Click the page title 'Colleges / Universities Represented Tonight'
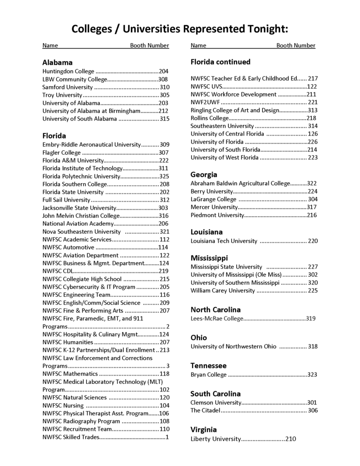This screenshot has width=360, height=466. tap(180, 29)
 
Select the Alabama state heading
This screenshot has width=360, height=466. tap(57, 62)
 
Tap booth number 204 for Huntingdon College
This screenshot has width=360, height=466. tap(164, 71)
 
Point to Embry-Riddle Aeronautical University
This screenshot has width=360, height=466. tap(91, 144)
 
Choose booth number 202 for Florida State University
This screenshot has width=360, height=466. tap(164, 192)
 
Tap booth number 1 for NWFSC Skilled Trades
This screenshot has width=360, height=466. tap(167, 437)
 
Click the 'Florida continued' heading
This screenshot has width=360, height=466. tap(220, 62)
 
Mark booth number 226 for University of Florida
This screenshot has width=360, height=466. tap(313, 142)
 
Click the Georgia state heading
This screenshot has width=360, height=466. tap(204, 174)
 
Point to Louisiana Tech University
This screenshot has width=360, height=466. tap(224, 241)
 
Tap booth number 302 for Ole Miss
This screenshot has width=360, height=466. tap(313, 275)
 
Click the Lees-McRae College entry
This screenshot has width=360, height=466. tap(217, 319)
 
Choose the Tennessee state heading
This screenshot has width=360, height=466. tap(209, 366)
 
